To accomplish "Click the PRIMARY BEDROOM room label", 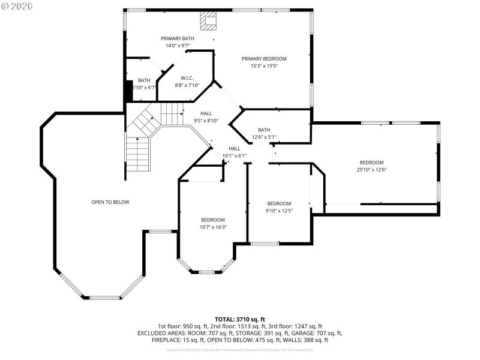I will pyautogui.click(x=264, y=59).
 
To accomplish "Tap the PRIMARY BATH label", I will pyautogui.click(x=178, y=38).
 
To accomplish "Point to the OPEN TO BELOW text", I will pyautogui.click(x=110, y=202).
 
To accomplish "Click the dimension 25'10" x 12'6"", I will pyautogui.click(x=371, y=170).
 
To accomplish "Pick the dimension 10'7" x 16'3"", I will pyautogui.click(x=213, y=227).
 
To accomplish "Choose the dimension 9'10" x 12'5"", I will pyautogui.click(x=279, y=211).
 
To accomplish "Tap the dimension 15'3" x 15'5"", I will pyautogui.click(x=264, y=66).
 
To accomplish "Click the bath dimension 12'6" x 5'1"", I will pyautogui.click(x=264, y=137).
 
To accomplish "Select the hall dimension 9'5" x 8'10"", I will pyautogui.click(x=206, y=121).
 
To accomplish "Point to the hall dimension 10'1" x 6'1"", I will pyautogui.click(x=234, y=155).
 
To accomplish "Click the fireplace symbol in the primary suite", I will pyautogui.click(x=209, y=22).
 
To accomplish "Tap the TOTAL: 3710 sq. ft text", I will pyautogui.click(x=240, y=319).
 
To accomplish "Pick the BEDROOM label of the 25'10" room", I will pyautogui.click(x=371, y=163).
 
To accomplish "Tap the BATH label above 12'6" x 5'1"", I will pyautogui.click(x=264, y=130).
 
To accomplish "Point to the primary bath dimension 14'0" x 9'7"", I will pyautogui.click(x=178, y=46).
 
